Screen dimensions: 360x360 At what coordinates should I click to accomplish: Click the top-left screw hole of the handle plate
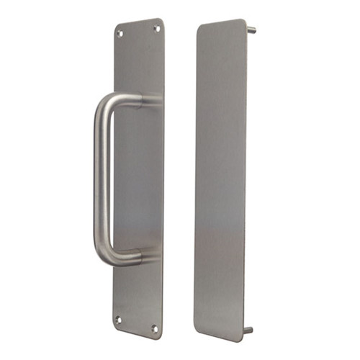click(121, 33)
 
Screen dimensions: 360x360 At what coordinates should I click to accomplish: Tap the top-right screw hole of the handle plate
click(156, 28)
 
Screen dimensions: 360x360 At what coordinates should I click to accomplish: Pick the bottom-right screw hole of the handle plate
click(153, 328)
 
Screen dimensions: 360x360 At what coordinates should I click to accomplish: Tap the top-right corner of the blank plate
click(244, 22)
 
